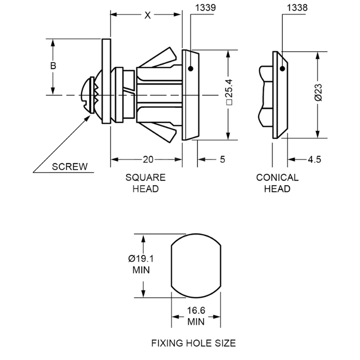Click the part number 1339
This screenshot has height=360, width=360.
point(205,8)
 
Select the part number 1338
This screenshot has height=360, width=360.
point(297,8)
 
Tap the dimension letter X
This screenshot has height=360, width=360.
point(147,15)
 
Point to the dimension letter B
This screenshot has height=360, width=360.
point(53,66)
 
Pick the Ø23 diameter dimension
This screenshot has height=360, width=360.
point(318,93)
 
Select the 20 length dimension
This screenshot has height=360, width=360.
point(148,160)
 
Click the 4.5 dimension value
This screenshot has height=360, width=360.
point(314,159)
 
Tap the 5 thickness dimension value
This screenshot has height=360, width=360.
point(222,159)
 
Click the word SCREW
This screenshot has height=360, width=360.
point(70,166)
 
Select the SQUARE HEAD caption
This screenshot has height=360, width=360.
point(145,183)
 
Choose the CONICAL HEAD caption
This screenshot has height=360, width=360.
point(277,183)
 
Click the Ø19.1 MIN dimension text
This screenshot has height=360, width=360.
point(141,264)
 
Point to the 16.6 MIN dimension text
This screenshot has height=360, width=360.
point(196,316)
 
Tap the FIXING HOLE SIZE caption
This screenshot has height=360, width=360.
point(193,343)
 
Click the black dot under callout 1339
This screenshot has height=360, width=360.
point(190,69)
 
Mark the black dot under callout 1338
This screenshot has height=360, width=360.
point(282,69)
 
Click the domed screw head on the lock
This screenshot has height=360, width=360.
point(87,95)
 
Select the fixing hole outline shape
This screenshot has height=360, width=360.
point(196,266)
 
